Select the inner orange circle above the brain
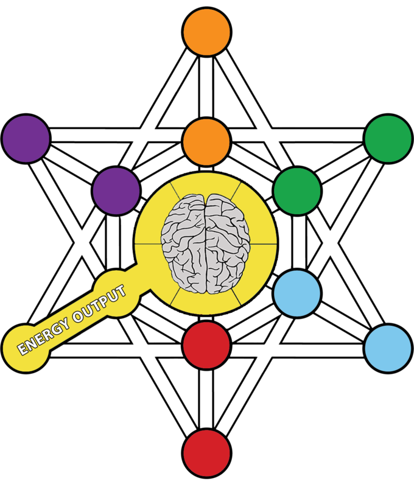[x=206, y=141]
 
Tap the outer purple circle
[x=26, y=138]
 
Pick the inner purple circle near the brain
[x=116, y=191]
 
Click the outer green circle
[x=388, y=138]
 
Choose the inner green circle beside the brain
[x=296, y=191]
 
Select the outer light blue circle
[x=388, y=349]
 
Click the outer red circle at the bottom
[x=206, y=453]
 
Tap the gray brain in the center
[x=206, y=243]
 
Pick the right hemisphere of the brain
[x=229, y=243]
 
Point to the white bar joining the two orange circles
[x=206, y=87]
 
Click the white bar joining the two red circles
[x=206, y=399]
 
